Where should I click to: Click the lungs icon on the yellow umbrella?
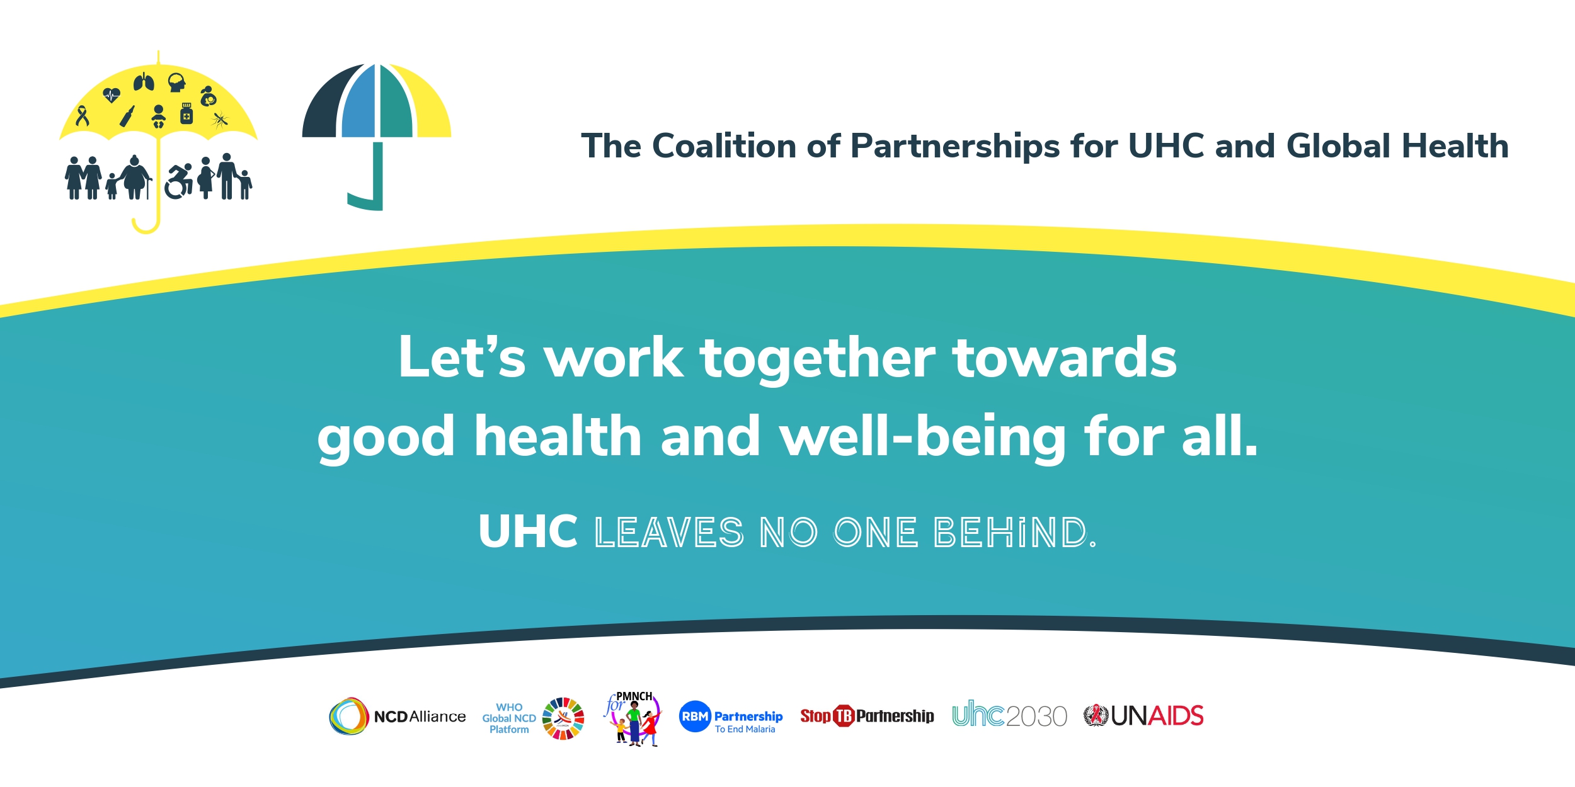pyautogui.click(x=144, y=82)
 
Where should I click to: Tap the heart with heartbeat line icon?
pyautogui.click(x=112, y=95)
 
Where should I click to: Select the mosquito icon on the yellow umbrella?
pyautogui.click(x=220, y=119)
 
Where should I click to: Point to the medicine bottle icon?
pyautogui.click(x=186, y=113)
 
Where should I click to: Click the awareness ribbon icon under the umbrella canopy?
pyautogui.click(x=82, y=116)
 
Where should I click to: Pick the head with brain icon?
pyautogui.click(x=177, y=82)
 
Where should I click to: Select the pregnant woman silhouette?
pyautogui.click(x=205, y=178)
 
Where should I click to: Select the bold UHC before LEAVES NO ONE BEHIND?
pyautogui.click(x=528, y=531)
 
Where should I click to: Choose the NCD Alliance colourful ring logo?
pyautogui.click(x=348, y=716)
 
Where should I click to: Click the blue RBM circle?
pyautogui.click(x=695, y=716)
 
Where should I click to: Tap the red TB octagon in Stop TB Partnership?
pyautogui.click(x=844, y=716)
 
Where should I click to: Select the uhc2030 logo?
pyautogui.click(x=1009, y=715)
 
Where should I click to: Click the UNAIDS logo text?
pyautogui.click(x=1157, y=716)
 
